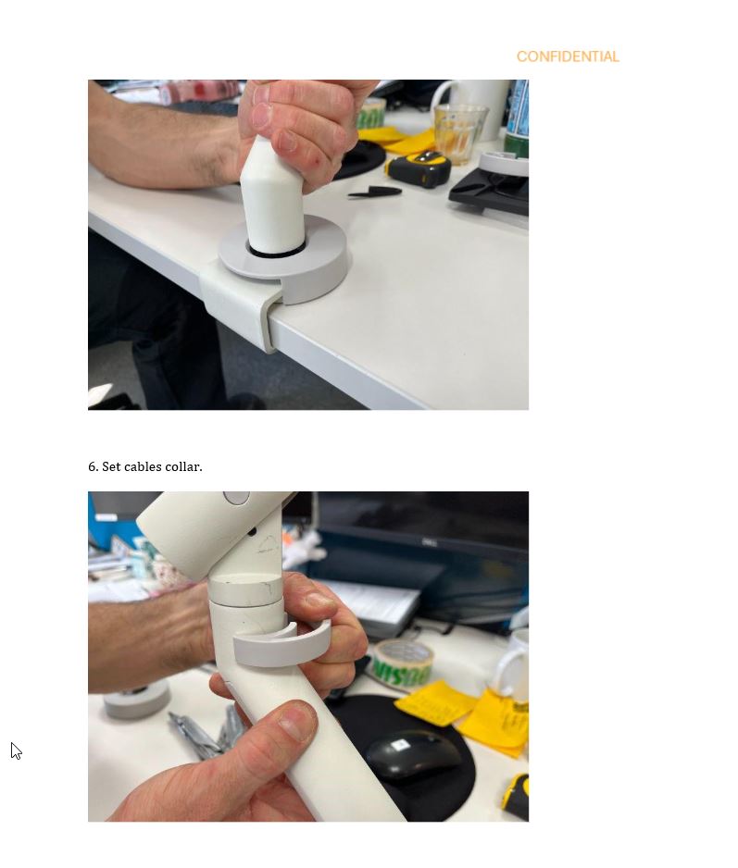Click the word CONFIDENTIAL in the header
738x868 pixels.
point(568,56)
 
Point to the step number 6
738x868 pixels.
point(93,466)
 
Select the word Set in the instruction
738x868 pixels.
point(111,466)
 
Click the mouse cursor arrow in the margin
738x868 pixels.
point(16,751)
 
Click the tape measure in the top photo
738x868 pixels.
point(419,167)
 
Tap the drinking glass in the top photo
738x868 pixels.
point(460,133)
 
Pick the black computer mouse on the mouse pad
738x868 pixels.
point(413,754)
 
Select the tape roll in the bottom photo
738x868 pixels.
point(402,666)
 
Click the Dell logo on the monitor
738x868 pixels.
point(430,542)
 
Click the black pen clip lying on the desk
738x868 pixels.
point(374,192)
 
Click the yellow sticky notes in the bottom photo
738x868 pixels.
point(466,714)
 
